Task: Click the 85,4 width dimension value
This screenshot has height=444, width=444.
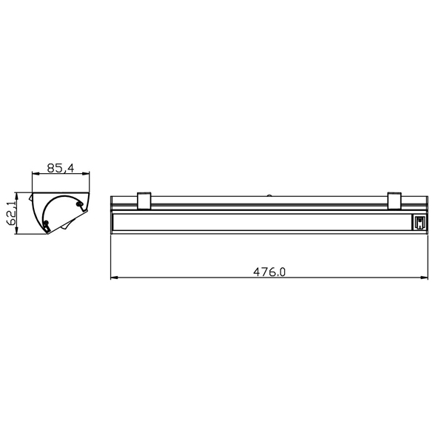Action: (x=61, y=168)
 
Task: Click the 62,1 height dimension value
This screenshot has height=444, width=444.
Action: (x=12, y=214)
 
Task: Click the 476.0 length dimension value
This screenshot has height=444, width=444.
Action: (x=269, y=272)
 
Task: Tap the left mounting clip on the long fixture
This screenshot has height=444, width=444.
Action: (x=144, y=201)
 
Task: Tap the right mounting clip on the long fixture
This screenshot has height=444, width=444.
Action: (x=394, y=201)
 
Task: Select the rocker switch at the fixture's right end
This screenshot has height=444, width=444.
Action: (x=420, y=223)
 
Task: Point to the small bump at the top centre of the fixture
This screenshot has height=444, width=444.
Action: (x=269, y=195)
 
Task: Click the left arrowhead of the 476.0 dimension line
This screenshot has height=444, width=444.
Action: (x=114, y=277)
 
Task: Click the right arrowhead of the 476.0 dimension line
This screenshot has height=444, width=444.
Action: (x=424, y=277)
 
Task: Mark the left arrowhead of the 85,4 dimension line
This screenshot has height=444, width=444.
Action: (x=36, y=174)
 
